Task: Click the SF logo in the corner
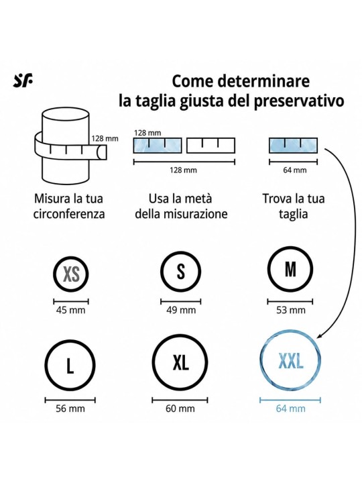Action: coord(23,81)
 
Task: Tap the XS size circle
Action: coord(71,274)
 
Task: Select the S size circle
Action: coord(181,272)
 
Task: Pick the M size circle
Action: coord(290,269)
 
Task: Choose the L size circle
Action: coord(70,366)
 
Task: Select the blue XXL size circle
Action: coord(290,360)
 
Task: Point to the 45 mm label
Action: coord(70,309)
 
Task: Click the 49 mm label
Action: coord(181,309)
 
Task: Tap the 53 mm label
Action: coord(290,309)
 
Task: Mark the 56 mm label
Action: coord(70,409)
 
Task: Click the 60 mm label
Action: coord(180,409)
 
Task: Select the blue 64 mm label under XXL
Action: coord(290,409)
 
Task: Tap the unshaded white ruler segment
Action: coord(211,146)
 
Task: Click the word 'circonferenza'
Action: coord(69,214)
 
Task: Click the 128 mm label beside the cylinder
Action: coord(105,138)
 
